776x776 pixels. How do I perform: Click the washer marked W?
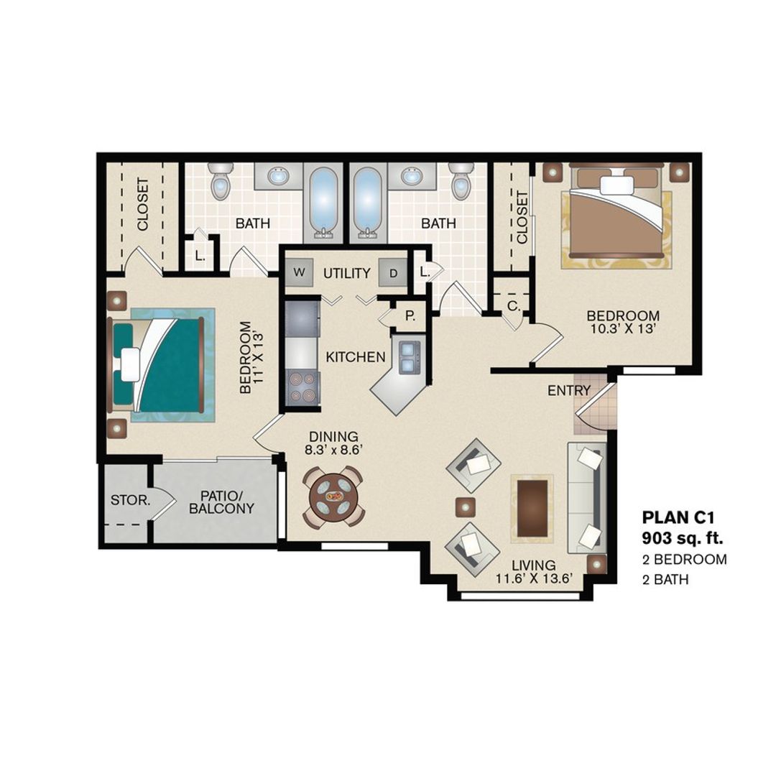tap(299, 273)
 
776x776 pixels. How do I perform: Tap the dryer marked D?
tap(393, 273)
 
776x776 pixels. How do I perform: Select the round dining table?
tap(333, 496)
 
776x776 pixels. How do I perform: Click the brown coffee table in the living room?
tap(532, 507)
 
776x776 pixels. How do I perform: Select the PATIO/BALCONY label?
tap(216, 502)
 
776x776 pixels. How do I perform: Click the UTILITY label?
tap(346, 274)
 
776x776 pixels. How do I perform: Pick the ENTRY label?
tap(568, 391)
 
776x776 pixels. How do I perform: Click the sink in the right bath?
tap(412, 176)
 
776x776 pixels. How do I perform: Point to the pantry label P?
tap(410, 316)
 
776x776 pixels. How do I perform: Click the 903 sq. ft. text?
tap(682, 537)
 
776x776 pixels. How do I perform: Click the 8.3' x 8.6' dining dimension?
tap(333, 451)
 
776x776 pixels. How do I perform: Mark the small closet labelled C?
tap(513, 306)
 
